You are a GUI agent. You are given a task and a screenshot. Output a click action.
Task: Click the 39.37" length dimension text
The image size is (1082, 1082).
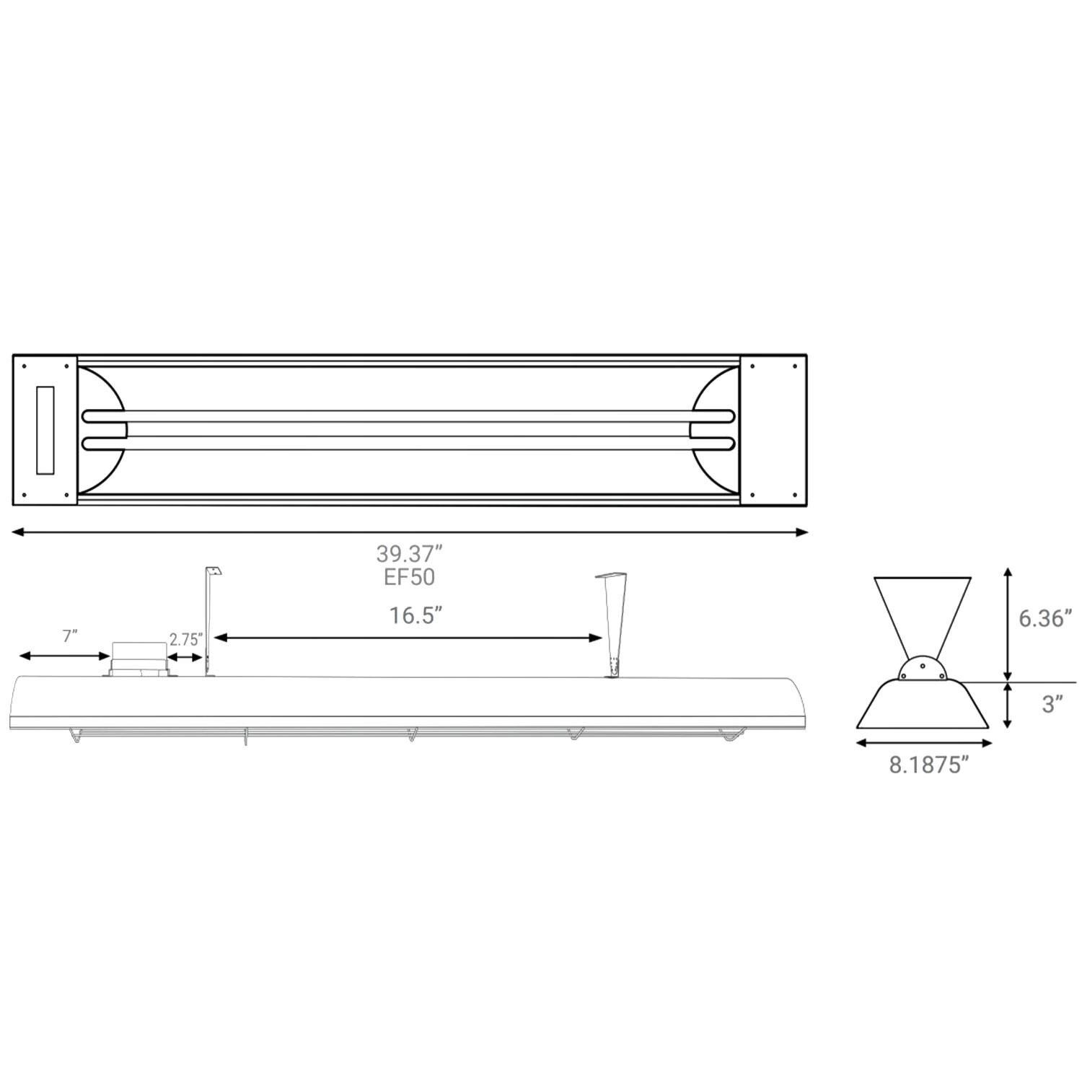coord(408,554)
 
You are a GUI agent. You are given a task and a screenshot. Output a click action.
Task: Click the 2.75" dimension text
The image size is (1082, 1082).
coord(186,639)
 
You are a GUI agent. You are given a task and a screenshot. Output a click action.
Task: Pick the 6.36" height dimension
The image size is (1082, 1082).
coord(1044,618)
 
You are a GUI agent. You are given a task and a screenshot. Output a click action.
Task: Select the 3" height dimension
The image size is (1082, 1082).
coord(1052,705)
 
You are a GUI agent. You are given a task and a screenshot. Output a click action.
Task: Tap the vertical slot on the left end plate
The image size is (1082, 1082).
coord(45,430)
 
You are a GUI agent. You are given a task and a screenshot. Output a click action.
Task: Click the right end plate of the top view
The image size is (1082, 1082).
coord(773,430)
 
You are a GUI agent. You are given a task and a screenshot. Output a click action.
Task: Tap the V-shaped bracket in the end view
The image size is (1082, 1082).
coord(922,613)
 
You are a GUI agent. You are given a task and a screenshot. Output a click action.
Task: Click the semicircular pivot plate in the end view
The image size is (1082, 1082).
coord(923,669)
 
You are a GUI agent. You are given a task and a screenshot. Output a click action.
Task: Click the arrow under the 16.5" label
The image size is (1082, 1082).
coord(408,638)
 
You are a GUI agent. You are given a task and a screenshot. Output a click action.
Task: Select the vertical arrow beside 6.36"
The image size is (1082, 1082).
coord(1008,624)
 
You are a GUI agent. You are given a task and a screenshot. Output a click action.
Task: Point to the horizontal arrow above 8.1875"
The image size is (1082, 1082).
coord(923,743)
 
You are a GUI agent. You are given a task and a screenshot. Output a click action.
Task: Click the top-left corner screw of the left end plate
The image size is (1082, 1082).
coord(25,365)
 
